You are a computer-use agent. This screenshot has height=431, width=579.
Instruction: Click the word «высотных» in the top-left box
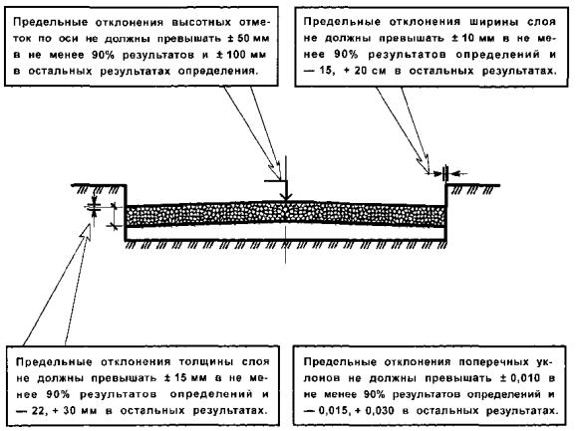tap(201, 22)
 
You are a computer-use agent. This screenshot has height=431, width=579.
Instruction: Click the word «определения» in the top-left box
tap(217, 71)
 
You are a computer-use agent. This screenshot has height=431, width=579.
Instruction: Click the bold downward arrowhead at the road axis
tap(286, 196)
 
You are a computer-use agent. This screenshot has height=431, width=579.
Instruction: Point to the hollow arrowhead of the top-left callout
tap(275, 170)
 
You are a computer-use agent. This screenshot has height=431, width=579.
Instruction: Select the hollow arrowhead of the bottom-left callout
tap(86, 233)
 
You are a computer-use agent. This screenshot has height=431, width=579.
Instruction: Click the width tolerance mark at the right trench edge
tap(445, 173)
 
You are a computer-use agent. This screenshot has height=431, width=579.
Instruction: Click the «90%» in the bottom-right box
tap(374, 394)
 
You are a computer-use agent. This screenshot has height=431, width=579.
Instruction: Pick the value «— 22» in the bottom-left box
tap(29, 411)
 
